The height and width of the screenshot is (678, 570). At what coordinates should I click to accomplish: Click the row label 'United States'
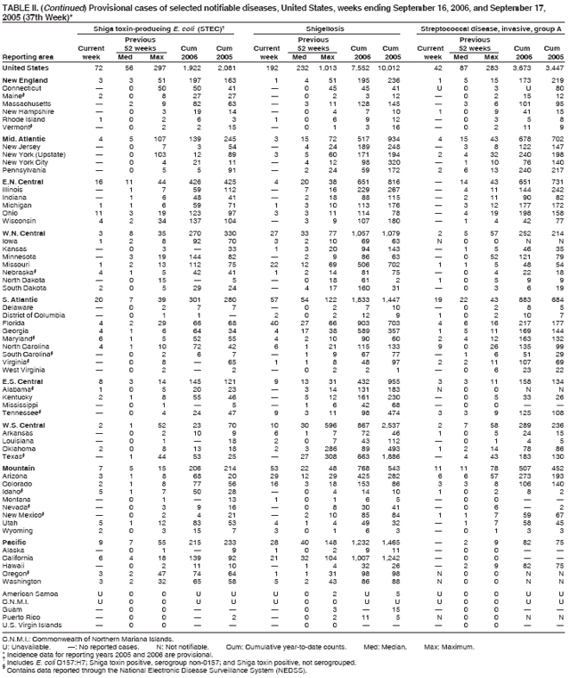(26, 68)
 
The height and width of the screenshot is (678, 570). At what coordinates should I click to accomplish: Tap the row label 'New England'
(26, 81)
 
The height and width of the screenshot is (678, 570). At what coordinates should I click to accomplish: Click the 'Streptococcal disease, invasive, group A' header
(489, 29)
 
